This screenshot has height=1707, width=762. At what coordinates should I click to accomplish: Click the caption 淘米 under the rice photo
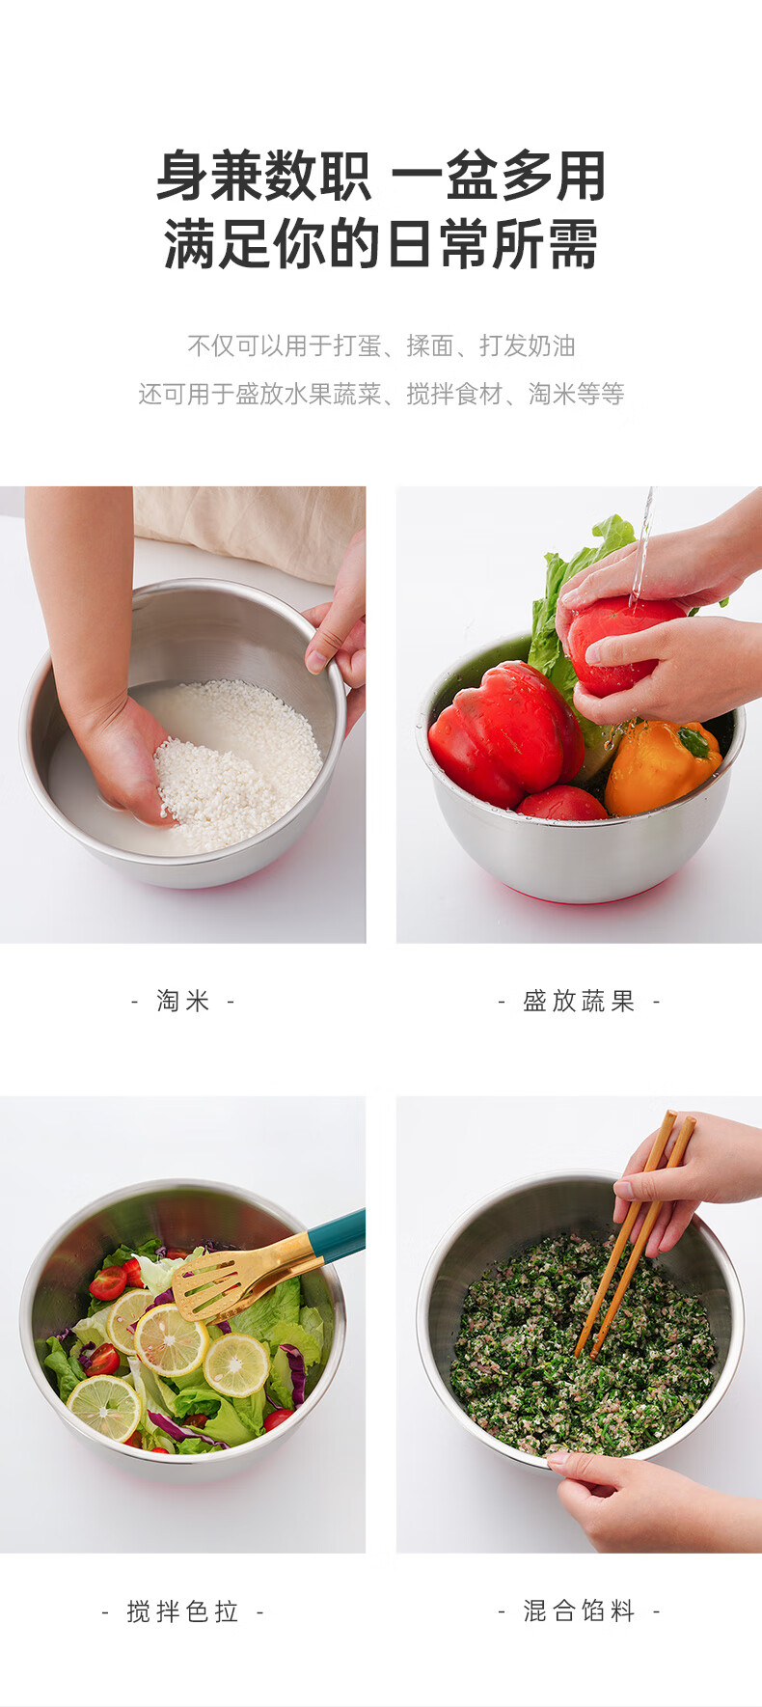click(x=183, y=1001)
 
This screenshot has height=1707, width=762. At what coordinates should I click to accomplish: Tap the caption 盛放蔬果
click(x=579, y=1001)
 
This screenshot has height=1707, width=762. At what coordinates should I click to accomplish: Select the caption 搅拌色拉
click(x=182, y=1611)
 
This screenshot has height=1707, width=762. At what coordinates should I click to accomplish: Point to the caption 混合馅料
click(x=579, y=1611)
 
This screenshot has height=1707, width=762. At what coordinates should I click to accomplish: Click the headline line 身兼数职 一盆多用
click(x=381, y=176)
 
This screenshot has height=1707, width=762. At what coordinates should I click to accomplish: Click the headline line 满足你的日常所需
click(x=381, y=243)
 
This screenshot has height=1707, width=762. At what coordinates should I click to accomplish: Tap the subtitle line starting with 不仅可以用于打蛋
click(x=381, y=345)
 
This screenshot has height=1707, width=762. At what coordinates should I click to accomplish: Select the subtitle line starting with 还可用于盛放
click(x=381, y=394)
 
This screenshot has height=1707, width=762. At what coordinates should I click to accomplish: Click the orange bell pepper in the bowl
click(x=662, y=767)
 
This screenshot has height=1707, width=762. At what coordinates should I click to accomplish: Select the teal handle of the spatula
click(x=338, y=1235)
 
